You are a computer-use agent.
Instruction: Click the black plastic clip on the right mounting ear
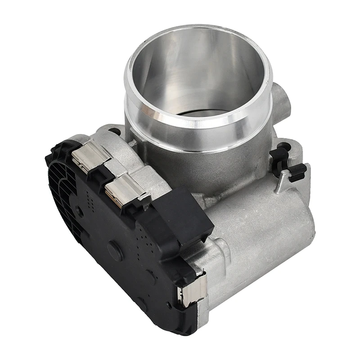click(x=288, y=164)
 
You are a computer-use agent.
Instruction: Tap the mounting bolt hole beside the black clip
click(x=284, y=147)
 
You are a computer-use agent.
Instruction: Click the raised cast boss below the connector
click(x=220, y=250)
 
